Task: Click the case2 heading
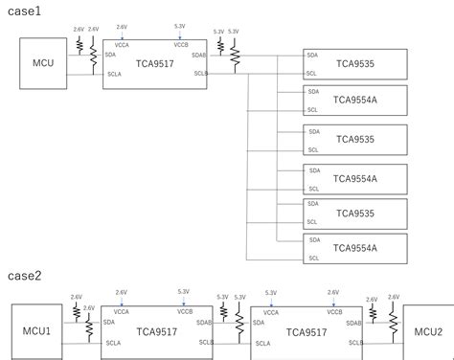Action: click(x=26, y=277)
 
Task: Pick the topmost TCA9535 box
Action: click(x=355, y=64)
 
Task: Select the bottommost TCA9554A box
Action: click(x=355, y=248)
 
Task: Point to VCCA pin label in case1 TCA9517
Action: click(x=121, y=44)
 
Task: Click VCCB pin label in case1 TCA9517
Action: click(x=181, y=44)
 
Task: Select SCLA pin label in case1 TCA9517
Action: click(x=114, y=74)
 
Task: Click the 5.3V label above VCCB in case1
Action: click(x=180, y=27)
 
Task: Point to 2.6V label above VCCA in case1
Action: click(x=121, y=27)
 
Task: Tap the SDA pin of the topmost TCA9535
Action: click(x=311, y=56)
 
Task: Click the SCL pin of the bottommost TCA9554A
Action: click(x=311, y=257)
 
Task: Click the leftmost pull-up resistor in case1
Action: click(x=78, y=44)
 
